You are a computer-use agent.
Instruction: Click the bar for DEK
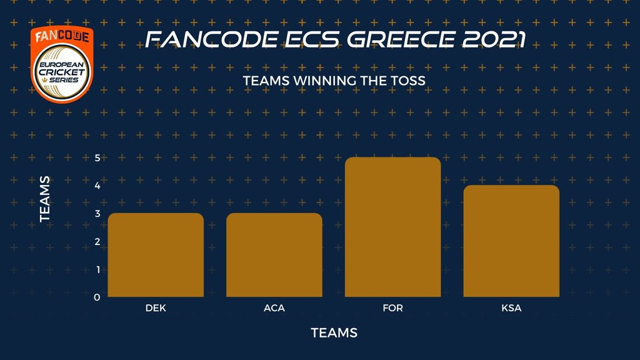(156, 255)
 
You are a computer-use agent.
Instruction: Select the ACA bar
(274, 255)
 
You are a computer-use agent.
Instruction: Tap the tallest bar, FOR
(392, 227)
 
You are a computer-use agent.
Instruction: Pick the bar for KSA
(511, 241)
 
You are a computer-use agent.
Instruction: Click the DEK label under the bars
(156, 307)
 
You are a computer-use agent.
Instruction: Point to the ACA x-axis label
(274, 307)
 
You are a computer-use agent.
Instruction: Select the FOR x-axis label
(392, 307)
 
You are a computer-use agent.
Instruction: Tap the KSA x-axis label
(511, 307)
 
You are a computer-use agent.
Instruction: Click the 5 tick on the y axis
(97, 157)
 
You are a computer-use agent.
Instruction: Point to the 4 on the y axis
(97, 186)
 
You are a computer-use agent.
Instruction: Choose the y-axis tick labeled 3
(97, 214)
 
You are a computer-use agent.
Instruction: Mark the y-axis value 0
(97, 297)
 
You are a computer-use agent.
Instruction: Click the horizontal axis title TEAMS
(334, 332)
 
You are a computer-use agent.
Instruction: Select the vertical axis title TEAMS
(45, 199)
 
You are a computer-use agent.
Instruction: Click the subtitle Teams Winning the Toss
(334, 81)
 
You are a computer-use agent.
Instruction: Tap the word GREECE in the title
(401, 39)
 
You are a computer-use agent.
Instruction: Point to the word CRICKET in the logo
(62, 72)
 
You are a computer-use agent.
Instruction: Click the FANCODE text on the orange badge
(62, 36)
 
